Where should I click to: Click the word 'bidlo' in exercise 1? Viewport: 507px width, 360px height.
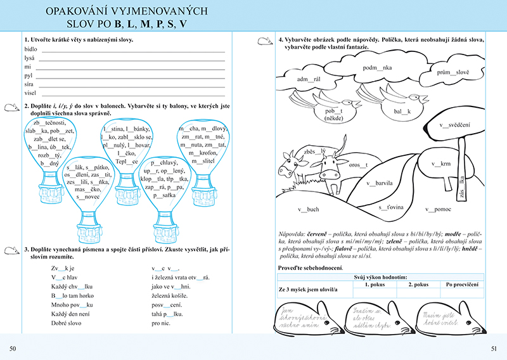[x=30, y=48]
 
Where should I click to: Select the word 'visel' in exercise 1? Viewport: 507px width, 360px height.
[x=30, y=92]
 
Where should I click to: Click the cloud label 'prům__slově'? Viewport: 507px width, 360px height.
[x=452, y=72]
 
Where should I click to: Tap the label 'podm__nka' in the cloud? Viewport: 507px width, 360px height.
[x=378, y=67]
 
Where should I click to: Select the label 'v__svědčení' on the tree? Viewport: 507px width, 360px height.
[x=454, y=125]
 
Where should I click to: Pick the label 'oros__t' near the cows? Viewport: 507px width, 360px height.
[x=359, y=165]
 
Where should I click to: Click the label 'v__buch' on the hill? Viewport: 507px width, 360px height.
[x=309, y=209]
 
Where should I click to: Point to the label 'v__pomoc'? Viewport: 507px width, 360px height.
[x=437, y=209]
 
